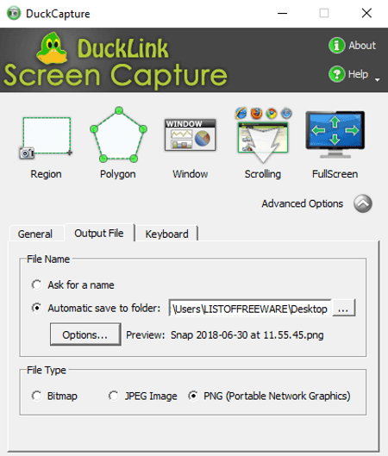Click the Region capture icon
click(x=46, y=138)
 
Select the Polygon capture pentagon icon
click(x=118, y=134)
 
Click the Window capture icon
click(x=191, y=135)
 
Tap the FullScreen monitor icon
click(x=335, y=134)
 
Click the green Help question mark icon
click(x=337, y=74)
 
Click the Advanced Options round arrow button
click(x=363, y=203)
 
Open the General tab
click(x=35, y=234)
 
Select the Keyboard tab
click(x=166, y=234)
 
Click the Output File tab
click(x=99, y=233)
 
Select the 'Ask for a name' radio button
click(x=37, y=284)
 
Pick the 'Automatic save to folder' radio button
click(x=37, y=308)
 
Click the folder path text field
click(x=250, y=309)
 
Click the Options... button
click(x=85, y=334)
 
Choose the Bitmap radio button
click(x=37, y=396)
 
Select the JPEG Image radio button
click(x=114, y=396)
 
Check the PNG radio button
click(x=193, y=396)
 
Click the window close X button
click(x=366, y=13)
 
